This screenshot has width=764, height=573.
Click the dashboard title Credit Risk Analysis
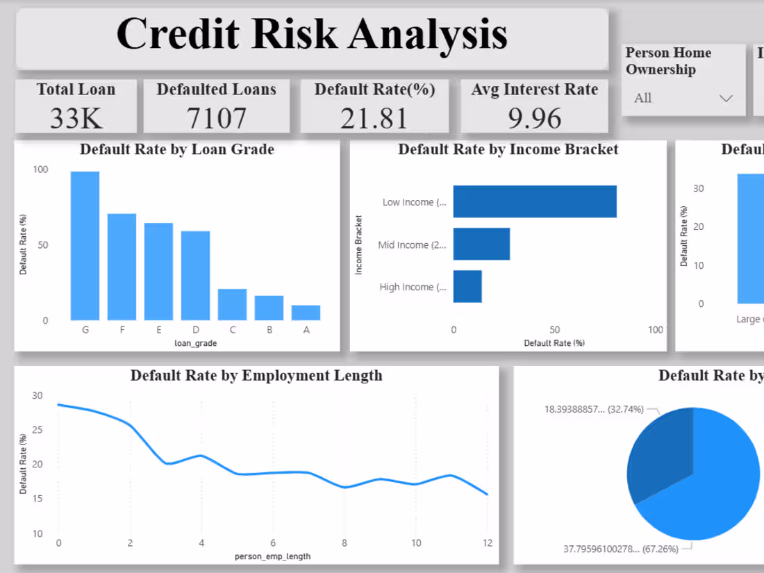(312, 35)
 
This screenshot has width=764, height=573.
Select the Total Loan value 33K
(76, 118)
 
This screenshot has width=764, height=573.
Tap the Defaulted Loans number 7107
(216, 118)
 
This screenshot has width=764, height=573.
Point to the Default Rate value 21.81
(374, 118)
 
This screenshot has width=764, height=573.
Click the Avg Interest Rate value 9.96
(534, 118)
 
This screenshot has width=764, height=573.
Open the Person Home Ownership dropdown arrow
(726, 98)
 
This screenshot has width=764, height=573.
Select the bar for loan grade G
(85, 246)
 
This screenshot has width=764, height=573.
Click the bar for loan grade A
(306, 313)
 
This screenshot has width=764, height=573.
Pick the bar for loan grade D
(195, 276)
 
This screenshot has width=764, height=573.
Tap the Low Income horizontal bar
(534, 201)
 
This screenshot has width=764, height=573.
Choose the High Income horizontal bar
(467, 286)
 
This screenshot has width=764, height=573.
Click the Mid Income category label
(413, 244)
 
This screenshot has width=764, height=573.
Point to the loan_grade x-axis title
(195, 343)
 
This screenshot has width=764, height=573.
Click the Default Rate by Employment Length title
(256, 376)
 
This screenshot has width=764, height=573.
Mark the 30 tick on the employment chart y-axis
(37, 395)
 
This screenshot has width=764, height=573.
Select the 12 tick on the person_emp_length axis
(488, 542)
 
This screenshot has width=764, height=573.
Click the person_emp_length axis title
(272, 556)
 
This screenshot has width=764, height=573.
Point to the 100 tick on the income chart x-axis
(655, 330)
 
